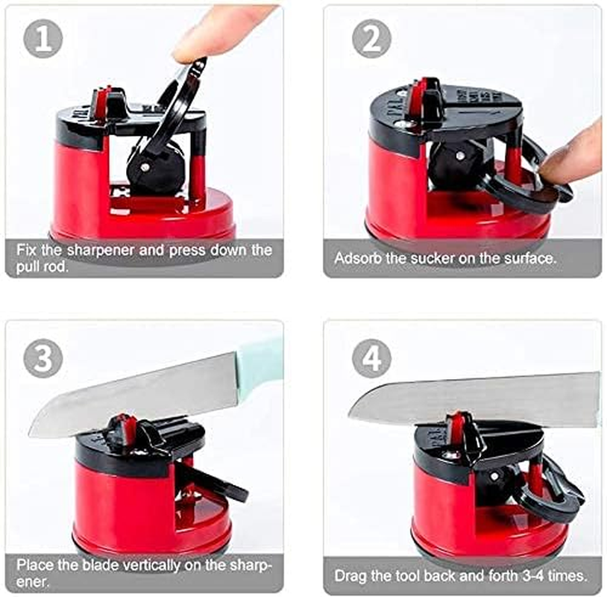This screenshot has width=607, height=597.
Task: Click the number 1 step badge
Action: pyautogui.click(x=43, y=39)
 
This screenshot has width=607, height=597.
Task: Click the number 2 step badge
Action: pyautogui.click(x=371, y=39)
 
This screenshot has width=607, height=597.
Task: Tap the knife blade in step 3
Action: pyautogui.click(x=134, y=396)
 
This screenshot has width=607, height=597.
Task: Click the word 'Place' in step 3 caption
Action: pyautogui.click(x=33, y=564)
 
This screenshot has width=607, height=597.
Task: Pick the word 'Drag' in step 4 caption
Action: pyautogui.click(x=349, y=576)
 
